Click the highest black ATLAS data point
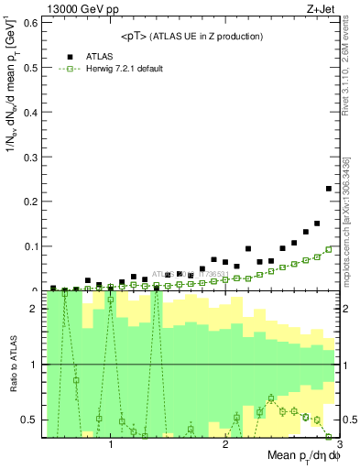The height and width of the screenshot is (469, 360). click(329, 189)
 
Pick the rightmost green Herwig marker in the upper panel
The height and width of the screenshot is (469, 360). click(329, 249)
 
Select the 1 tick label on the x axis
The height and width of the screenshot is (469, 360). click(112, 445)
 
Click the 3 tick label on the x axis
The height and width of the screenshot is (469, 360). click(338, 445)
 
